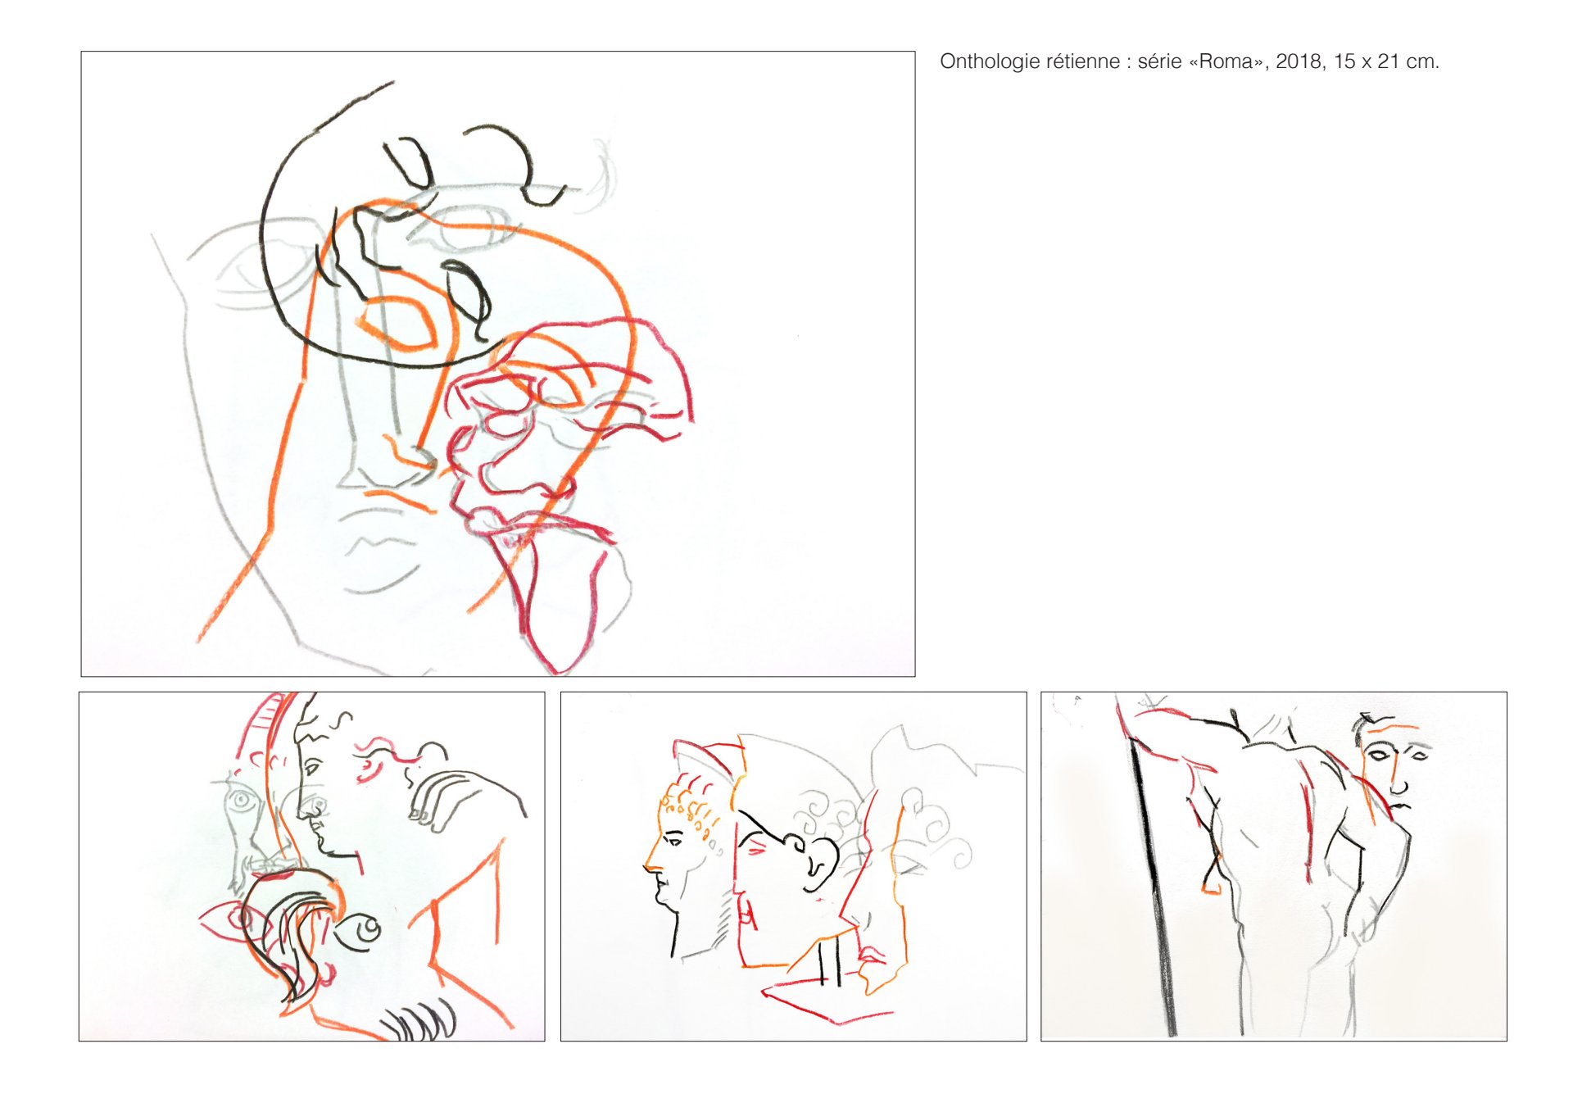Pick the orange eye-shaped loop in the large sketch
pos(398,322)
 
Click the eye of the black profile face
pos(311,769)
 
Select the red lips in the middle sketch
pos(871,955)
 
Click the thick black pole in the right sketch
pos(1154,885)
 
